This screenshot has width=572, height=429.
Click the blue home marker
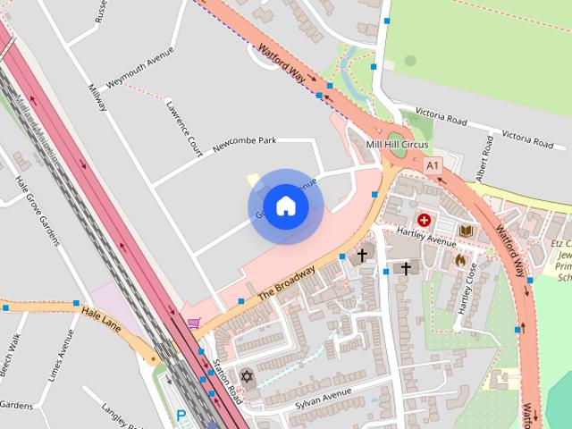(285, 206)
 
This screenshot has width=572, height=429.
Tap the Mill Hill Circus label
(399, 145)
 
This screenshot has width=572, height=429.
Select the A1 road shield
(433, 166)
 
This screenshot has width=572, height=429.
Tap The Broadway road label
(286, 282)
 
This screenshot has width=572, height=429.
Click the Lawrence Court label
(183, 129)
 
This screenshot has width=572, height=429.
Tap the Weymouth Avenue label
(139, 70)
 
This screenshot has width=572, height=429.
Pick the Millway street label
(97, 97)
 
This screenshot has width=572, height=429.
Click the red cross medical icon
(424, 219)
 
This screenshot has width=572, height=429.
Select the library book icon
(465, 231)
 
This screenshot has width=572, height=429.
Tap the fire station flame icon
(460, 260)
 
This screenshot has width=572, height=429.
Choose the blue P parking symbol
(182, 416)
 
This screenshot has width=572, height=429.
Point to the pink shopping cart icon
(193, 323)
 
